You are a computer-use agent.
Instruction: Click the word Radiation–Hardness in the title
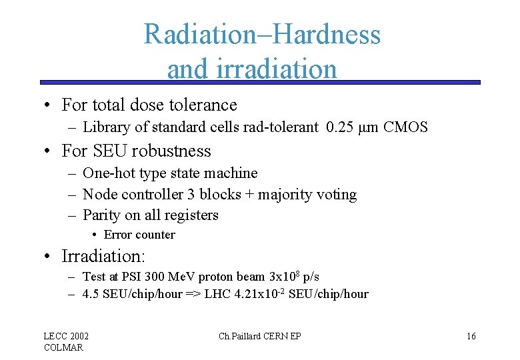pos(262,34)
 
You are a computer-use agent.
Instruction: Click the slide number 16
pos(471,336)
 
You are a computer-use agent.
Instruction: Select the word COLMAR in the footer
pos(63,347)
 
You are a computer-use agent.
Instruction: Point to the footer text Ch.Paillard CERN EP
pos(259,336)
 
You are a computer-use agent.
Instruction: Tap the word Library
pos(105,127)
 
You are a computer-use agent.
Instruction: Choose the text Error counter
pos(139,235)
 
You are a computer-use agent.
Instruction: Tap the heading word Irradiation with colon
pos(103,256)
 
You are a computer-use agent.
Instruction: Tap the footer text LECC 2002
pos(66,336)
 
